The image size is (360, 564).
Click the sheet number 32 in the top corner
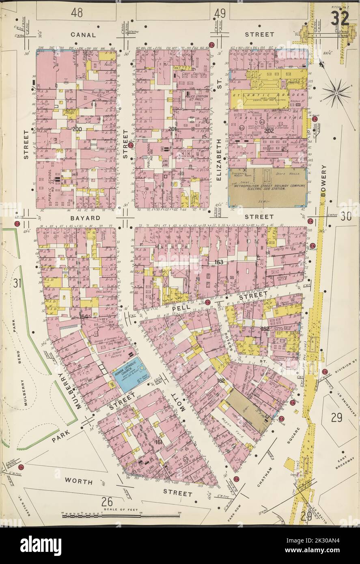click(339, 18)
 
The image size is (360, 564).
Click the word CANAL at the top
click(84, 35)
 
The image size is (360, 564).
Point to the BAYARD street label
click(84, 218)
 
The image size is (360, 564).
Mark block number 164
click(84, 316)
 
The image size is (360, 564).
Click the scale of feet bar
click(121, 516)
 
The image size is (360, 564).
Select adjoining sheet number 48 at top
click(77, 13)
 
